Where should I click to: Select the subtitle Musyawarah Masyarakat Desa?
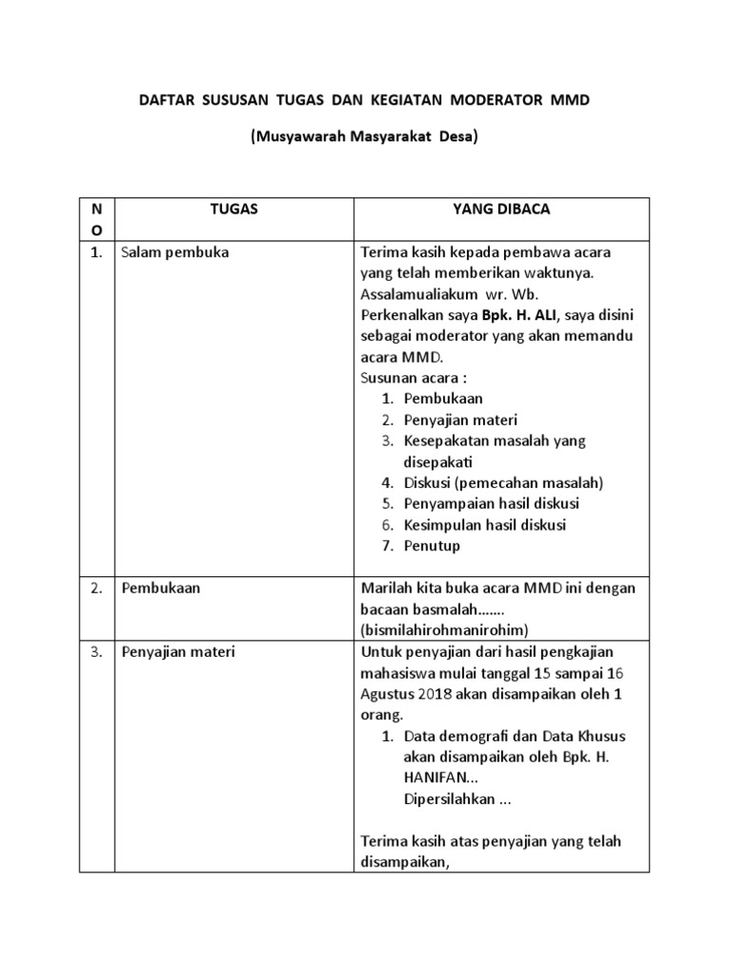(364, 137)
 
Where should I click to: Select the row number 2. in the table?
(97, 588)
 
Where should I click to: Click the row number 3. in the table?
(97, 652)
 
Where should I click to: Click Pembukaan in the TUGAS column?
(160, 588)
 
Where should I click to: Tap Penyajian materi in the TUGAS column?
(178, 652)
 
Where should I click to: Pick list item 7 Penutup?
(431, 546)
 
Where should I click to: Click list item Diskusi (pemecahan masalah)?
(503, 482)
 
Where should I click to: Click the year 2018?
(434, 694)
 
